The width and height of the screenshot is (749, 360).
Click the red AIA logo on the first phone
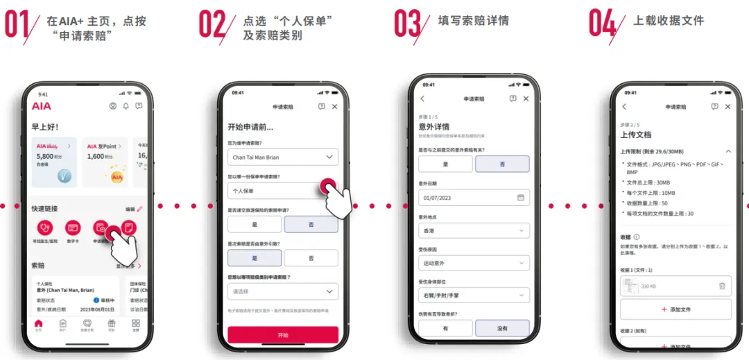[x=42, y=106]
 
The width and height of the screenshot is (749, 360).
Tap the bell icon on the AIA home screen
[x=126, y=106]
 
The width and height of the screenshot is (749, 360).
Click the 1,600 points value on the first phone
[x=96, y=157]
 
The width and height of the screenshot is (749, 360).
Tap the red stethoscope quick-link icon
[x=45, y=227]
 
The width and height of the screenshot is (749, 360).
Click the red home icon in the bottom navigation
[x=39, y=323]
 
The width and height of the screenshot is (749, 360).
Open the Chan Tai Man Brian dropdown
[x=283, y=157]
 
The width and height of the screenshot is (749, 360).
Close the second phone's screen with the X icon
[x=335, y=107]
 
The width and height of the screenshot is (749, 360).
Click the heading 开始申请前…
[x=250, y=127]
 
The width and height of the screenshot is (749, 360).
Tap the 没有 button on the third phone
[x=502, y=328]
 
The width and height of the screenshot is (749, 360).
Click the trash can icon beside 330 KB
[x=722, y=286]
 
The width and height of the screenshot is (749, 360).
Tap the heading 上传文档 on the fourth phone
[x=636, y=135]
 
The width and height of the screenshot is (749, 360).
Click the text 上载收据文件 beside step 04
[x=669, y=21]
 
